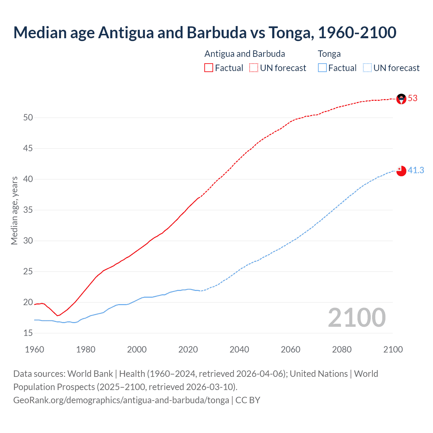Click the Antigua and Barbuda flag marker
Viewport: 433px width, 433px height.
click(401, 99)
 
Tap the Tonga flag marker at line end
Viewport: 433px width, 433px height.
click(401, 171)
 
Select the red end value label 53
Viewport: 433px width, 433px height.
click(413, 98)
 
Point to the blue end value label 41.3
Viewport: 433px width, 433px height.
click(416, 170)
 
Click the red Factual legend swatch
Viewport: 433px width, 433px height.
click(209, 68)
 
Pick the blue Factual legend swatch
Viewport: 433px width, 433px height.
click(322, 68)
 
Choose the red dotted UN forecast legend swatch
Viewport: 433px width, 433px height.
click(254, 68)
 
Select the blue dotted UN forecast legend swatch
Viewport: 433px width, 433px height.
click(367, 68)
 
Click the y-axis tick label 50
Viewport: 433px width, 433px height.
click(28, 118)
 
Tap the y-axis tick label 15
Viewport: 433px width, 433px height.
click(28, 333)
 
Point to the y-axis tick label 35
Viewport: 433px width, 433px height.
click(28, 210)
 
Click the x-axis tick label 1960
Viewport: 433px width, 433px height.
click(35, 349)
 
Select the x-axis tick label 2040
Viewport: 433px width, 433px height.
click(239, 349)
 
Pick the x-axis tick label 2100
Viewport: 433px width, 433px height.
click(393, 349)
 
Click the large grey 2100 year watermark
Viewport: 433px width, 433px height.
click(357, 318)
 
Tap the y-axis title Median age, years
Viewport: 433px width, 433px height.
click(14, 210)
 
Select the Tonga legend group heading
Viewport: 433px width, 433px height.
click(329, 54)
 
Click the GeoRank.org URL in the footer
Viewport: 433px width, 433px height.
click(121, 400)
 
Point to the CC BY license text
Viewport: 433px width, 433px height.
click(248, 400)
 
